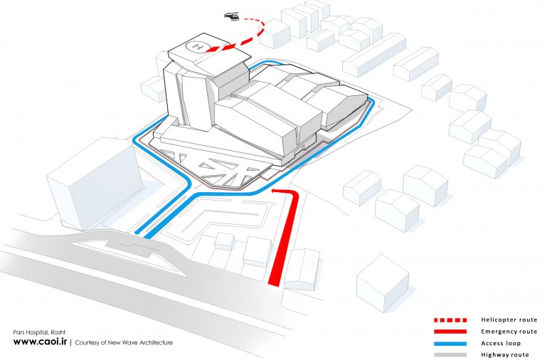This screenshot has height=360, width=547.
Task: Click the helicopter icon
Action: pyautogui.click(x=232, y=16)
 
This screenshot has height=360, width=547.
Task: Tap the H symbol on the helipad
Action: pyautogui.click(x=198, y=46)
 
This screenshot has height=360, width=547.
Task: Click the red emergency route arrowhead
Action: pyautogui.click(x=275, y=191)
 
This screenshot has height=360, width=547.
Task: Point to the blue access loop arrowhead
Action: pyautogui.click(x=138, y=233)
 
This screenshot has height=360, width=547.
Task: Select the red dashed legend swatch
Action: pyautogui.click(x=450, y=320)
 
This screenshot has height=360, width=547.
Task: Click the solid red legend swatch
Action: pyautogui.click(x=450, y=332)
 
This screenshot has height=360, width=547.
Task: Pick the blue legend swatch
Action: pyautogui.click(x=450, y=343)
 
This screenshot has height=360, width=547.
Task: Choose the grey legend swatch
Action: pyautogui.click(x=450, y=355)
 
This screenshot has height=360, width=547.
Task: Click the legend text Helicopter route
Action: pyautogui.click(x=509, y=319)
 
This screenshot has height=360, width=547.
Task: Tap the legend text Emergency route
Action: pyautogui.click(x=509, y=332)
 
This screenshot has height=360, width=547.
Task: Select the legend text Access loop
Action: pyautogui.click(x=501, y=343)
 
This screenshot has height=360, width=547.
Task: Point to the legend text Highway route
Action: pyautogui.click(x=505, y=355)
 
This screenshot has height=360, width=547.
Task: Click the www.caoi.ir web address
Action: pyautogui.click(x=40, y=342)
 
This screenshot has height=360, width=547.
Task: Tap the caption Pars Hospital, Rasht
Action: pyautogui.click(x=39, y=332)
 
